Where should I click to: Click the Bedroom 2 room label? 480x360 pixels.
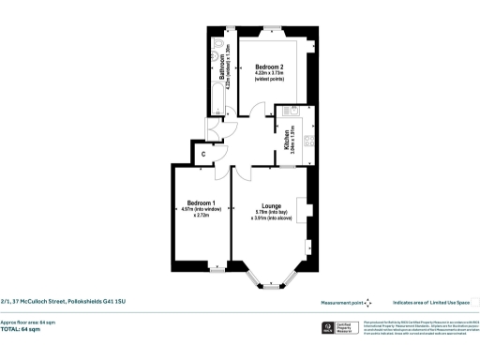tap(270, 67)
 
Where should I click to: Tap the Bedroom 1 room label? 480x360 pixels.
tap(202, 203)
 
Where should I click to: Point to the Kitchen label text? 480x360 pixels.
tap(287, 138)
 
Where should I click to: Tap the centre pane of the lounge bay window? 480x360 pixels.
tap(262, 282)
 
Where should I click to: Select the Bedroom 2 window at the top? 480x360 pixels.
tap(272, 26)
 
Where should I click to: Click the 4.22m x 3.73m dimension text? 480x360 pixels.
tap(270, 75)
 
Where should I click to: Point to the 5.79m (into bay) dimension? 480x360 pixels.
tap(272, 213)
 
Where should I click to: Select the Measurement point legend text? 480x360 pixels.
tap(341, 303)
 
